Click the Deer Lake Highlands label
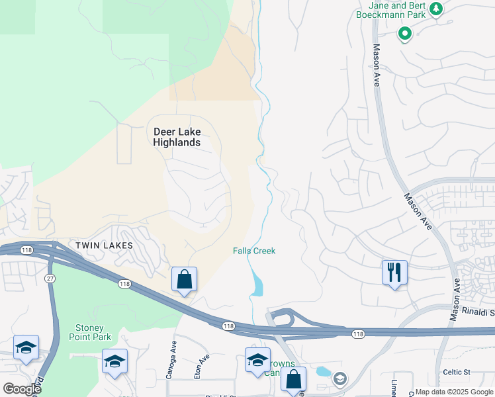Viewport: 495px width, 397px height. [x=177, y=137]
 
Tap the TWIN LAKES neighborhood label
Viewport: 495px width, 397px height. [x=104, y=245]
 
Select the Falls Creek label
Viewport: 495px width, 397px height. [x=254, y=251]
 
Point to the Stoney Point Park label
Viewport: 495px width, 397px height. [x=90, y=332]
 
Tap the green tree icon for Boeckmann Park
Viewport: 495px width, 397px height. [x=435, y=9]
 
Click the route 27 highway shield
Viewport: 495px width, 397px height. [x=50, y=278]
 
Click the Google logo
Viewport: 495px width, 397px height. [x=21, y=389]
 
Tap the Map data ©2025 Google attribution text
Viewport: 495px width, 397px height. [x=454, y=392]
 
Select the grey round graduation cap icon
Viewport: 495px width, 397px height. [x=340, y=378]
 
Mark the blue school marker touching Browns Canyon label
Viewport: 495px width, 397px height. [x=257, y=360]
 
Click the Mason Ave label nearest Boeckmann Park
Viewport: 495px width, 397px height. [x=377, y=65]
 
